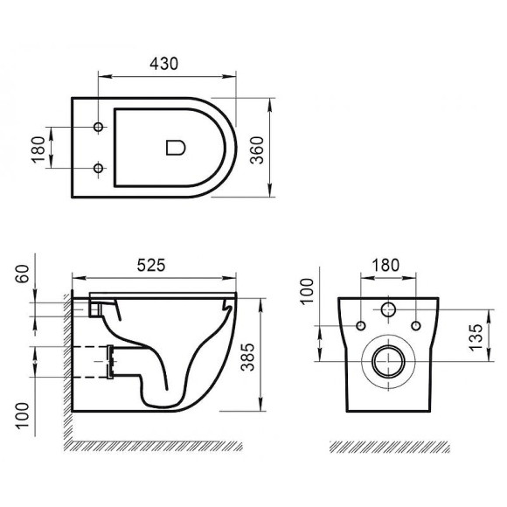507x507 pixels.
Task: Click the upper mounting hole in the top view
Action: click(x=98, y=128)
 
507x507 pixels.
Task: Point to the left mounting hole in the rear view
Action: click(x=359, y=327)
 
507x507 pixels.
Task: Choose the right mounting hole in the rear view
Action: click(x=414, y=327)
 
